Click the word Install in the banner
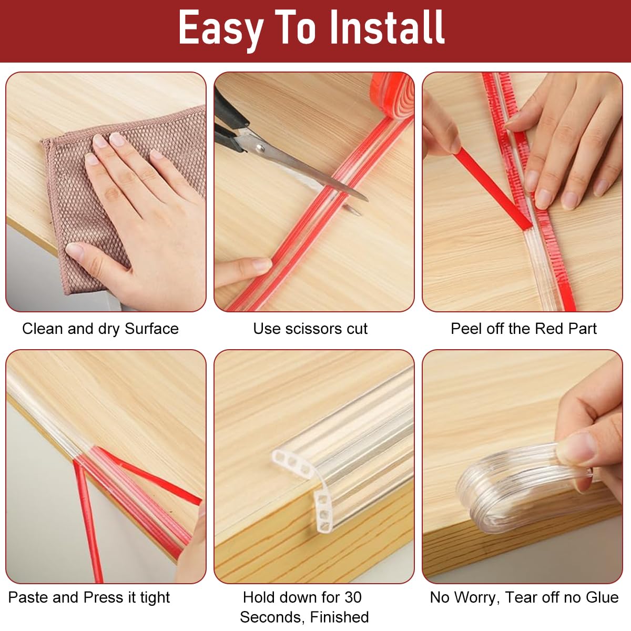click(x=387, y=27)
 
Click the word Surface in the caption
click(x=151, y=329)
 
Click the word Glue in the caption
click(x=602, y=597)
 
